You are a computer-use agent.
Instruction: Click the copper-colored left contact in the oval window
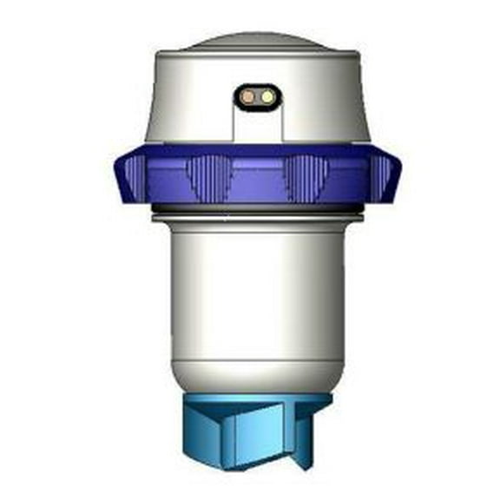(248, 96)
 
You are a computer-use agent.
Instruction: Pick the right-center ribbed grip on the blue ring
(309, 178)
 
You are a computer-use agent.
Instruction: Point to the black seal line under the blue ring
(258, 209)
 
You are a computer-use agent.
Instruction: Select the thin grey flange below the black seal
(258, 218)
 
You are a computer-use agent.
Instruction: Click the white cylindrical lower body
(258, 295)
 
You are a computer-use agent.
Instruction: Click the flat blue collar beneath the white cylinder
(258, 401)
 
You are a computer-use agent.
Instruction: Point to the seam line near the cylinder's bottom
(258, 364)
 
